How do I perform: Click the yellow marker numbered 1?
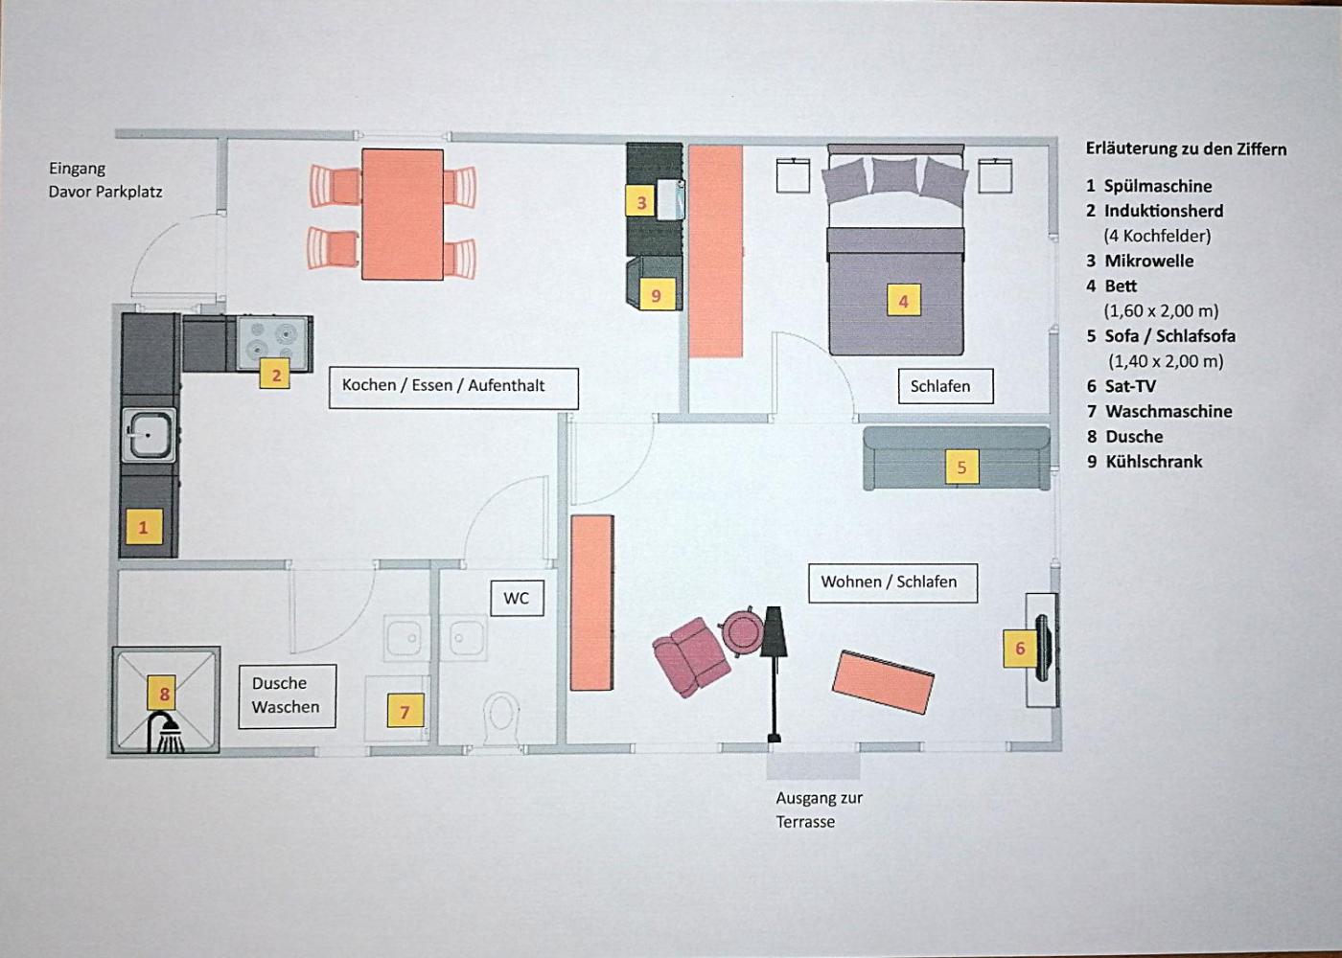click(x=144, y=527)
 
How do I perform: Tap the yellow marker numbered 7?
click(x=405, y=711)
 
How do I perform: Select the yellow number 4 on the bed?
click(x=903, y=302)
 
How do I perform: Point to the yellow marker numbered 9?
click(x=658, y=294)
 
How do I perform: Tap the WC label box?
click(x=517, y=598)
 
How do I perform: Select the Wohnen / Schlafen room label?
click(x=892, y=582)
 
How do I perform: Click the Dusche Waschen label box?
click(x=287, y=696)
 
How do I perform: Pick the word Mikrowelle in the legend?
click(x=1149, y=261)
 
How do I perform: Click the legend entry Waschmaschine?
click(x=1168, y=411)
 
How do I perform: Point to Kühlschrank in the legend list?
click(x=1154, y=462)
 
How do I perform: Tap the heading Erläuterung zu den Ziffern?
click(x=1187, y=149)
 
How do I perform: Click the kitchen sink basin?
click(x=150, y=435)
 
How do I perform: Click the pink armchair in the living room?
click(x=691, y=657)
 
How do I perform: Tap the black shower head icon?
click(x=166, y=732)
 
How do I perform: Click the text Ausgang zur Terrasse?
click(x=819, y=810)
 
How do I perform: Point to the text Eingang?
click(x=78, y=169)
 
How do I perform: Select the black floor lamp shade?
click(x=775, y=632)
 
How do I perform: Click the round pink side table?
click(x=742, y=631)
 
